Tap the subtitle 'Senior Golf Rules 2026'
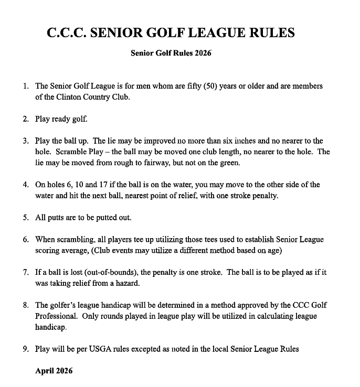coord(171,53)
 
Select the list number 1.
coord(26,86)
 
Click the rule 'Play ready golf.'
coord(61,119)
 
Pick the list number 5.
coord(26,218)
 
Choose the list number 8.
coord(26,306)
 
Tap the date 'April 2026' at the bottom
coord(54,371)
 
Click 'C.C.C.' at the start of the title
coord(67,33)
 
